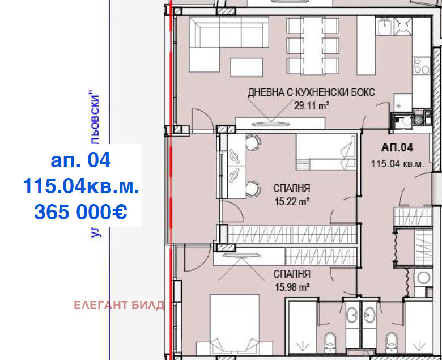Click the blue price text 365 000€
coord(80,211)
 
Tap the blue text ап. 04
coord(80,160)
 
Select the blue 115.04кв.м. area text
coord(80,186)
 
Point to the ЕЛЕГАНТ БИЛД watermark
coord(119,306)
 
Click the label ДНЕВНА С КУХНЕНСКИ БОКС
coord(311,93)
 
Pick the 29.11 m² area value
coord(312,105)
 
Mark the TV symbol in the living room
coord(272,122)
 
